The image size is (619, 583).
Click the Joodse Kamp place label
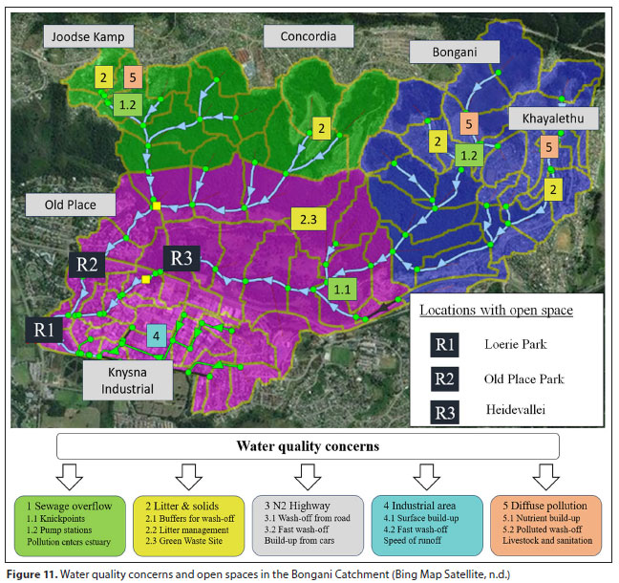pyautogui.click(x=89, y=36)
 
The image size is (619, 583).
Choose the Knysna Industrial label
pyautogui.click(x=128, y=379)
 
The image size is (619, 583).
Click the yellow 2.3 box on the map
pyautogui.click(x=309, y=220)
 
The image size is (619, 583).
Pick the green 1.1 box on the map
pyautogui.click(x=342, y=286)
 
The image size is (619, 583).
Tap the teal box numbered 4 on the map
pyautogui.click(x=159, y=335)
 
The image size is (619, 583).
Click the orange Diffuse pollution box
pyautogui.click(x=544, y=519)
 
